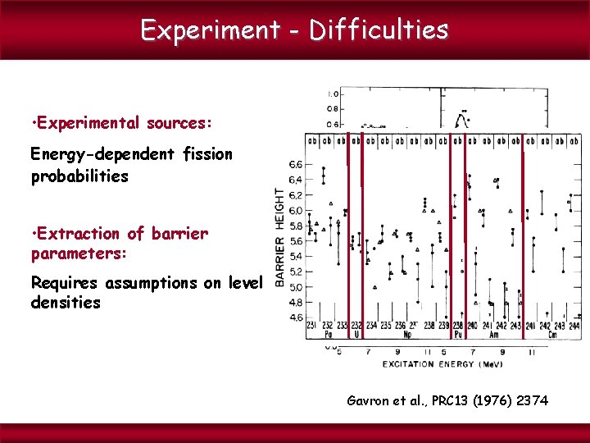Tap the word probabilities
tap(79, 176)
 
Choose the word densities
tap(66, 303)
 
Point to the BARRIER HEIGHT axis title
tap(280, 237)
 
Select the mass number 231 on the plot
tap(312, 326)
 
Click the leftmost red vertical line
tap(348, 238)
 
